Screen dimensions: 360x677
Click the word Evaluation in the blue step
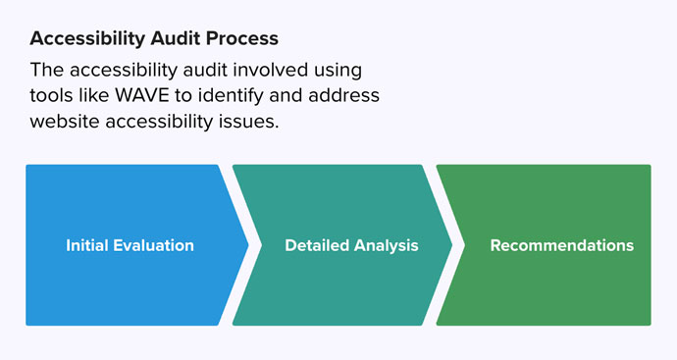coord(154,245)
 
